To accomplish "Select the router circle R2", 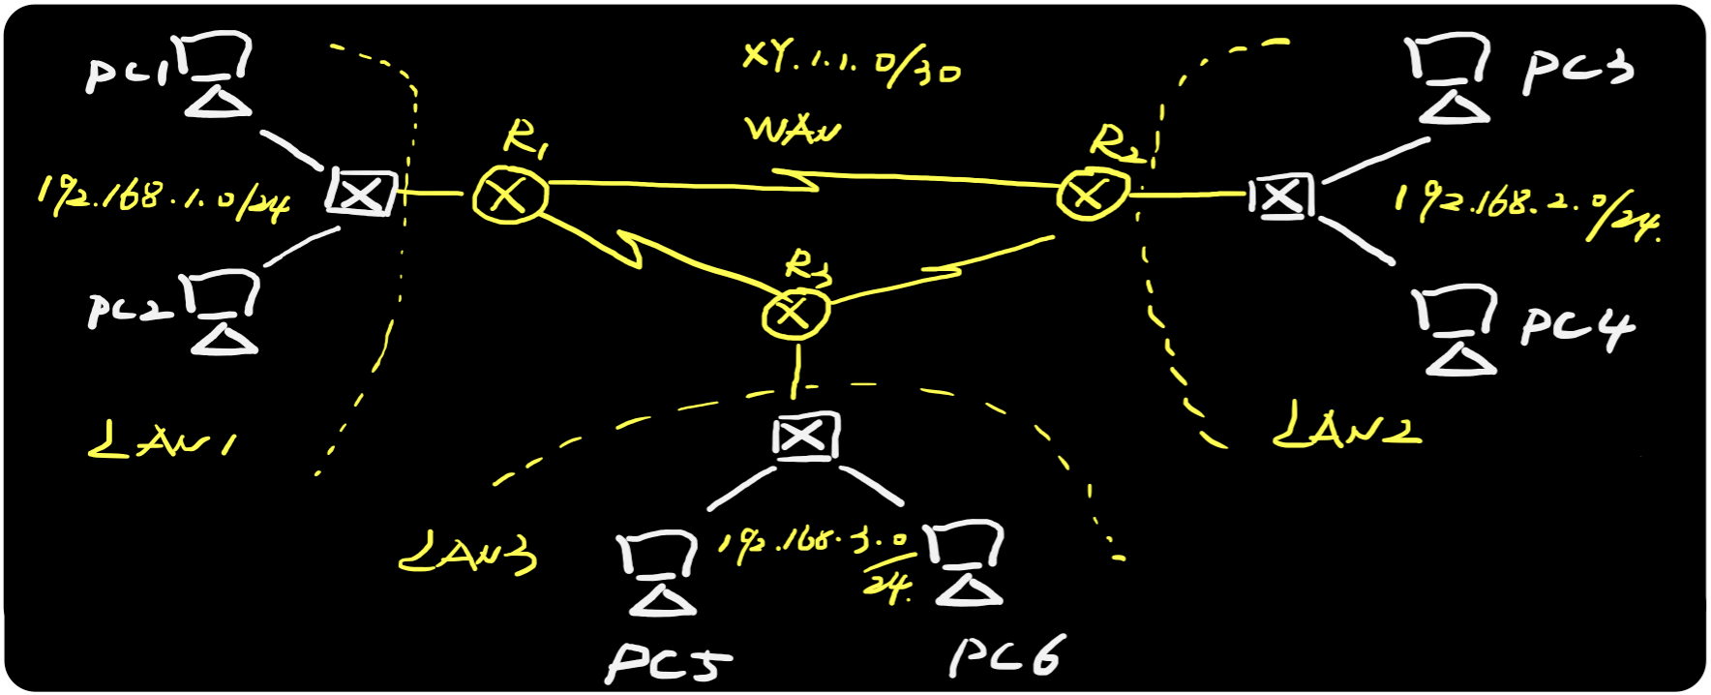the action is pyautogui.click(x=1092, y=194).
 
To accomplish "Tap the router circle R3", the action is pyautogui.click(x=795, y=312).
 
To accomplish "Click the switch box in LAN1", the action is pyautogui.click(x=361, y=193).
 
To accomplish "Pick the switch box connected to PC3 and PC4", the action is pyautogui.click(x=1281, y=196).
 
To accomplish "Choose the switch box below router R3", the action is pyautogui.click(x=804, y=437).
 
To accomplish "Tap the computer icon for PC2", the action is pyautogui.click(x=225, y=313).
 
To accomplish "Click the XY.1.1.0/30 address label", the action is pyautogui.click(x=851, y=66).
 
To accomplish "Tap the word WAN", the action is pyautogui.click(x=792, y=131).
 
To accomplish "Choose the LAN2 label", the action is pyautogui.click(x=1346, y=426).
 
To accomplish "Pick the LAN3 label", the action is pyautogui.click(x=467, y=552).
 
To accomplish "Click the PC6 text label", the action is pyautogui.click(x=1006, y=656).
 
